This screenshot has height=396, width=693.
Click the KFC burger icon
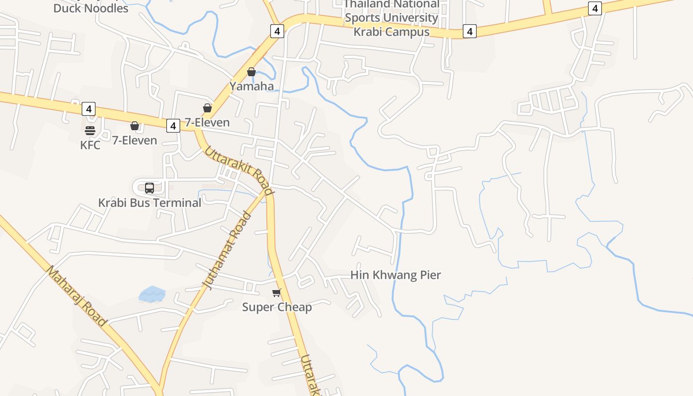pyautogui.click(x=90, y=131)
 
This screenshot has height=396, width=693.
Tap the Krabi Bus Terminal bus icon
pyautogui.click(x=149, y=188)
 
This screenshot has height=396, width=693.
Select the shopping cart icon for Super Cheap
pyautogui.click(x=276, y=293)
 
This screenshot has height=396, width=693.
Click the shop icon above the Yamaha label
pyautogui.click(x=251, y=72)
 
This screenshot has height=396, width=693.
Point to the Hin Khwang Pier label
pyautogui.click(x=396, y=275)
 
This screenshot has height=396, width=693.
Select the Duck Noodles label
pyautogui.click(x=91, y=8)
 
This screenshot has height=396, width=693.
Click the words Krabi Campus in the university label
pyautogui.click(x=391, y=32)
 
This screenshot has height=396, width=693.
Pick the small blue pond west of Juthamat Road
pyautogui.click(x=152, y=294)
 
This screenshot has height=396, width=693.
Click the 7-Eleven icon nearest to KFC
pyautogui.click(x=134, y=126)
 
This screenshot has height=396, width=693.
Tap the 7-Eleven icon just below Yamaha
pyautogui.click(x=207, y=108)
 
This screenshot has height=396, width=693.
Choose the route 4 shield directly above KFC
pyautogui.click(x=88, y=109)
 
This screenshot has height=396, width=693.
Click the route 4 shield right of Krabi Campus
pyautogui.click(x=469, y=32)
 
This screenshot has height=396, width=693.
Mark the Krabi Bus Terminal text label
pyautogui.click(x=149, y=202)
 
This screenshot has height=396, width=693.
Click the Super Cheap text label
pyautogui.click(x=277, y=307)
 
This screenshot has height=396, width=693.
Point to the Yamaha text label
pyautogui.click(x=251, y=86)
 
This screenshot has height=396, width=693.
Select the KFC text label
pyautogui.click(x=90, y=145)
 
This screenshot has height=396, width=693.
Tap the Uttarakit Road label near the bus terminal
pyautogui.click(x=239, y=170)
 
